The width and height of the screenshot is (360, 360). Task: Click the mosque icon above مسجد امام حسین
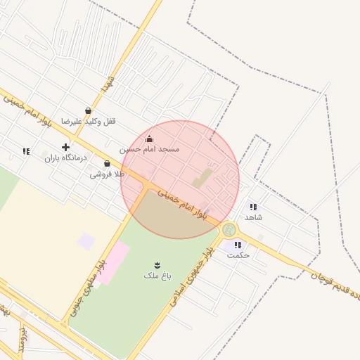[x=149, y=139]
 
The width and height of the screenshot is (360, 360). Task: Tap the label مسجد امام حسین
[x=149, y=149]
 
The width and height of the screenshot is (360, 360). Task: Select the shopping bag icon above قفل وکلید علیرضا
[x=88, y=110]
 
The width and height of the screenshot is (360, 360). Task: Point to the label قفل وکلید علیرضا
[x=89, y=121]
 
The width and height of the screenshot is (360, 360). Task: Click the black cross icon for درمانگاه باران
[x=65, y=147]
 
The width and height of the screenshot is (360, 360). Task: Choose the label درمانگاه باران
[x=65, y=157]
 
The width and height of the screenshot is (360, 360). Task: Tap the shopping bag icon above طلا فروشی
[x=106, y=163]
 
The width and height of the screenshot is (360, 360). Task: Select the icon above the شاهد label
[x=253, y=207]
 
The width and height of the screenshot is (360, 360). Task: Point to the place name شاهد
[x=253, y=217]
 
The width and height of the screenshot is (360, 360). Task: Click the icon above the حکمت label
[x=238, y=245]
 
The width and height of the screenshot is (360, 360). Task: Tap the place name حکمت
[x=238, y=255]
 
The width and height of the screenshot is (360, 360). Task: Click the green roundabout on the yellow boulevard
[x=229, y=229]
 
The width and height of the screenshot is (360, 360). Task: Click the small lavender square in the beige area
[x=86, y=241]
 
